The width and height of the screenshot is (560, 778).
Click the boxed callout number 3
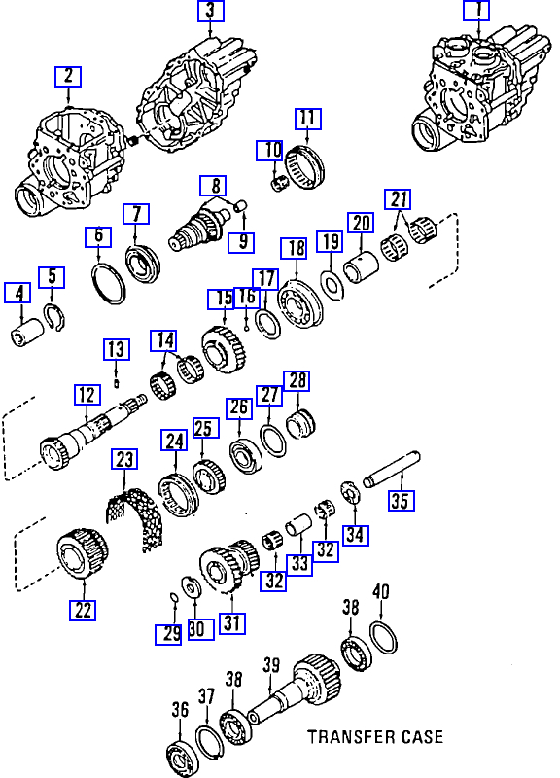click(x=211, y=11)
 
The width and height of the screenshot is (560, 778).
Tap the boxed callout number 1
click(x=476, y=10)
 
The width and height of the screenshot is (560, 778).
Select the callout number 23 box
click(x=124, y=459)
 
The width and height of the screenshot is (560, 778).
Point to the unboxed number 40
click(x=380, y=592)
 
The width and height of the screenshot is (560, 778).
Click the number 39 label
click(x=271, y=665)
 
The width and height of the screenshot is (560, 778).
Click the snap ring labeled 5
click(x=54, y=319)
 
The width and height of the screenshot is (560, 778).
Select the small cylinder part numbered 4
click(x=27, y=333)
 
